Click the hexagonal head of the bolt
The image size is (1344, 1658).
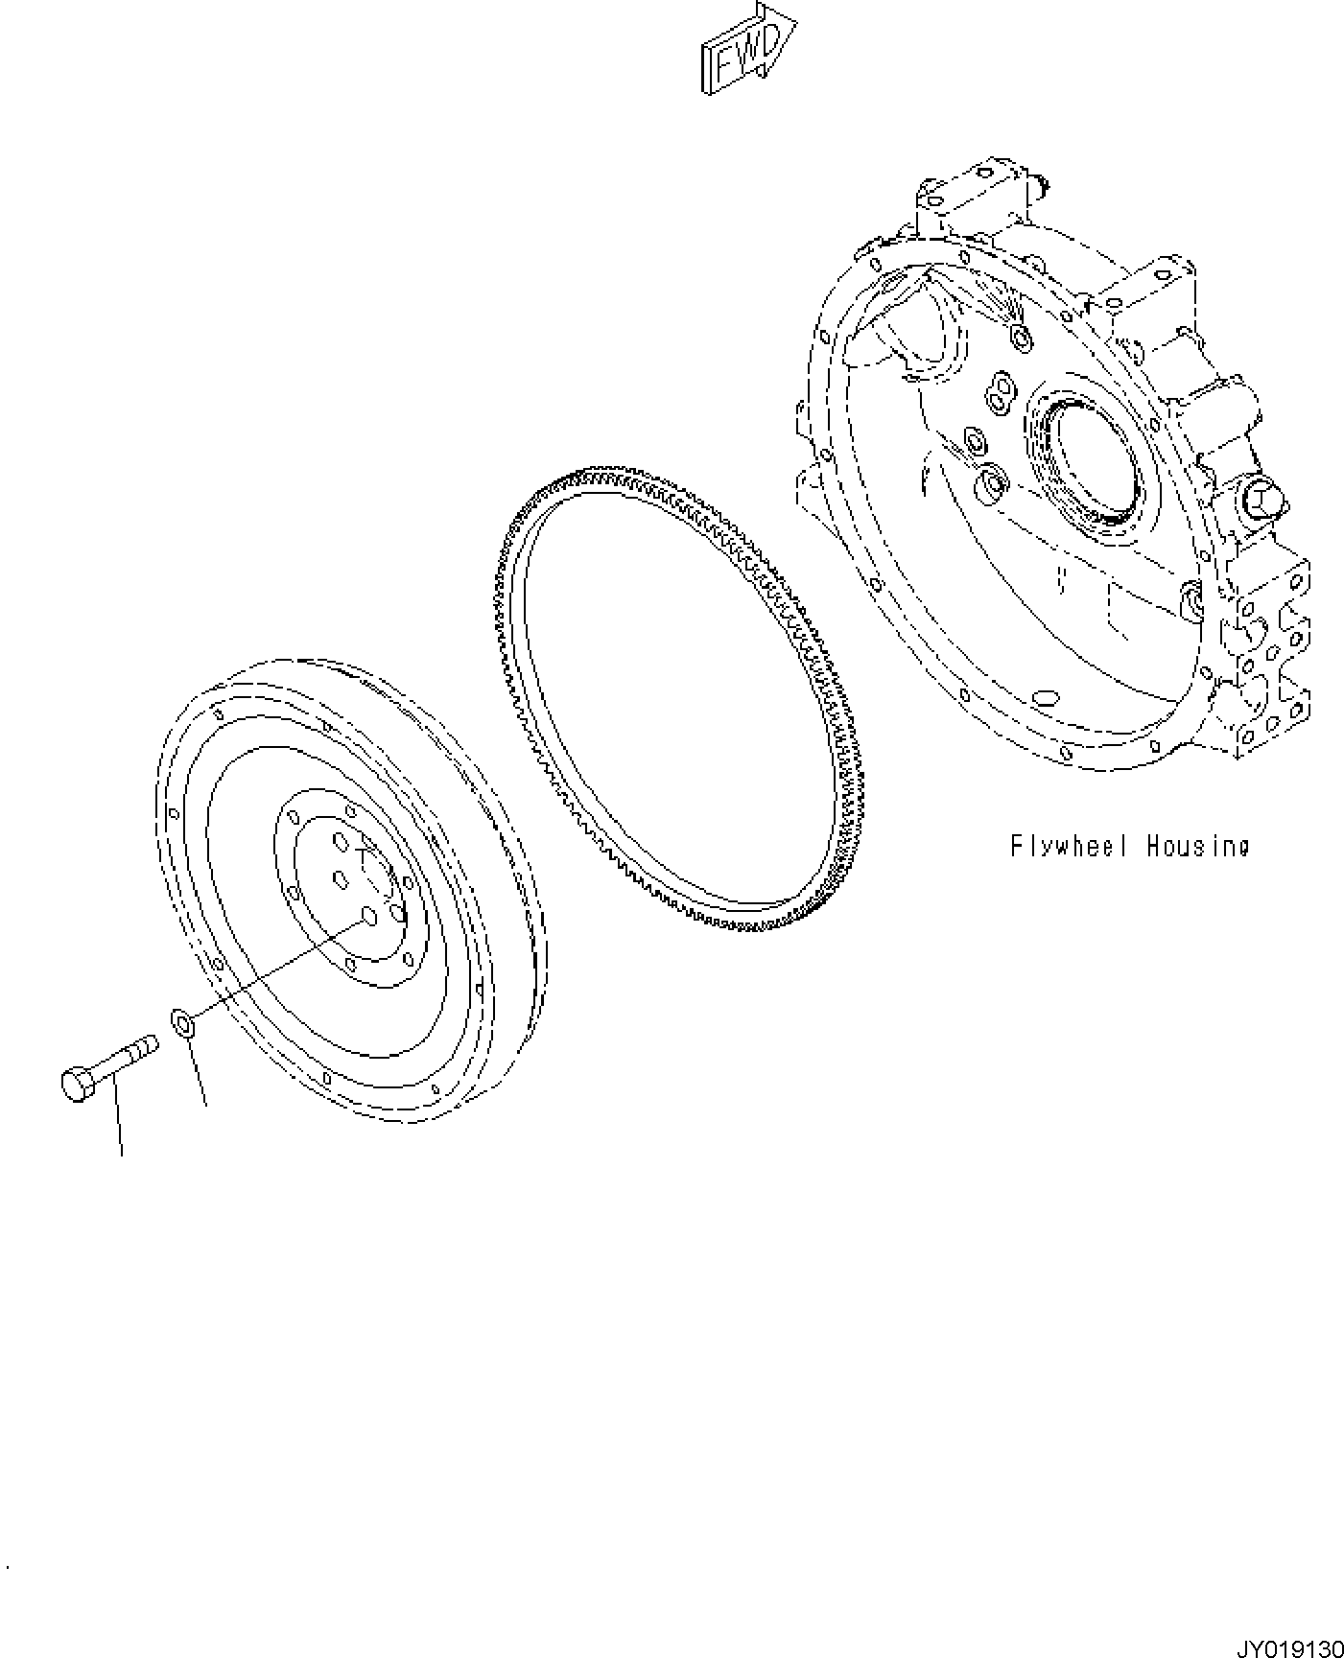tap(76, 1085)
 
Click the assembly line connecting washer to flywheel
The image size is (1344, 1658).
tap(278, 968)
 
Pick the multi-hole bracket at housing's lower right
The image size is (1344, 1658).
tap(1266, 662)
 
